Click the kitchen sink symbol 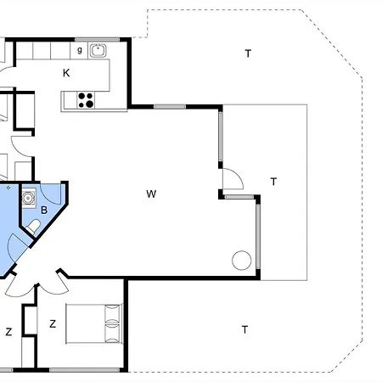(98, 51)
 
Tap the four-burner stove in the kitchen (86, 100)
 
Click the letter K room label (66, 73)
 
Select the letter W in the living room (151, 194)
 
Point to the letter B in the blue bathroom (44, 210)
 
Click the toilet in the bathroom (33, 227)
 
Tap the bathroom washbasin (28, 198)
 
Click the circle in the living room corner (242, 260)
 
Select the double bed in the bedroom (94, 323)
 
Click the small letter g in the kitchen (80, 50)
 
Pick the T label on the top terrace (248, 53)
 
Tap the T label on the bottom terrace (244, 329)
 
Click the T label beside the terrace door (273, 182)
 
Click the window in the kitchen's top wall (97, 39)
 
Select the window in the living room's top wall (170, 107)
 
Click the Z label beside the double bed (53, 323)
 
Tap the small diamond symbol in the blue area (8, 188)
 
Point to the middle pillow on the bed (112, 323)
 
